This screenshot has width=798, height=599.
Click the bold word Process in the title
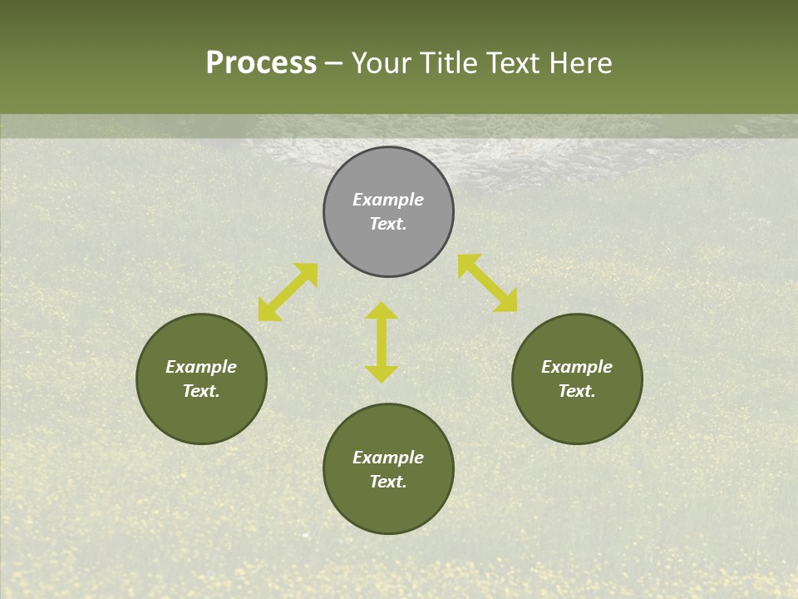point(261,63)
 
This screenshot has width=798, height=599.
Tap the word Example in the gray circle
point(388,200)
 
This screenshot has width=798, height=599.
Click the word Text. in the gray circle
point(388,224)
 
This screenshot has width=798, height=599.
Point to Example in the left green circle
point(201,367)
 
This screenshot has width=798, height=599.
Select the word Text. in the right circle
point(577,391)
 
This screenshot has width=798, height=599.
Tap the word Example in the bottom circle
point(388,458)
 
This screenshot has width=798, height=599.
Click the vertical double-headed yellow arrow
point(382,342)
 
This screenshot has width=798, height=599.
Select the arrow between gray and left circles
point(288,292)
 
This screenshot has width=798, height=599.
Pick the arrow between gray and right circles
point(487,283)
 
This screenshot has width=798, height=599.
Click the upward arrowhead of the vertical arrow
point(382,311)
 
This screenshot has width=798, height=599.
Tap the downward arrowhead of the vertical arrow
point(382,374)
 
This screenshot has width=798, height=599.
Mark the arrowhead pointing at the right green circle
point(505,301)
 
